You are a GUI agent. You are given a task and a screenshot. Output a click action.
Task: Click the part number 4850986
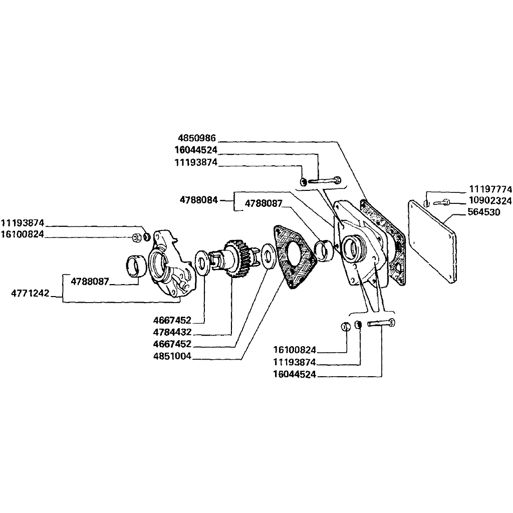tap(197, 138)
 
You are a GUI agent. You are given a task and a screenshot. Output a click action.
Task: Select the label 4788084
tap(199, 199)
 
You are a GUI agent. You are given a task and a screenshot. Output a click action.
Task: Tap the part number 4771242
tap(30, 293)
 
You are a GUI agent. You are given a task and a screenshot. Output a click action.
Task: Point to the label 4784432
tap(172, 332)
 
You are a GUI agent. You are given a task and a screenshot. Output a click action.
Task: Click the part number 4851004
tap(172, 356)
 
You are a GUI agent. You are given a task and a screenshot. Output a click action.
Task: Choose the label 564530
tap(484, 212)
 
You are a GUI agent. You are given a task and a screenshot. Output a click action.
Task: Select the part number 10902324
tap(490, 200)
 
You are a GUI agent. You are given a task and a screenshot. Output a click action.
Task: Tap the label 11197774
tap(490, 189)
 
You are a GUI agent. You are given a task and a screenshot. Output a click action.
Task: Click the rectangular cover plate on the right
tap(432, 241)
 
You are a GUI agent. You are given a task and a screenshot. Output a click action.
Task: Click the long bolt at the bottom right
tap(381, 323)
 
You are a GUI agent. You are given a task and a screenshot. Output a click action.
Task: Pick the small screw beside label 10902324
tap(442, 202)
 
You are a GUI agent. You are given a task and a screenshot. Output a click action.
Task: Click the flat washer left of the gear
tap(201, 264)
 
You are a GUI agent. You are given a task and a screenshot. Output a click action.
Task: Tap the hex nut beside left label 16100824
tap(137, 238)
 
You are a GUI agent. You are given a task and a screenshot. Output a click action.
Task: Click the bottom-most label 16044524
tap(295, 374)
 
